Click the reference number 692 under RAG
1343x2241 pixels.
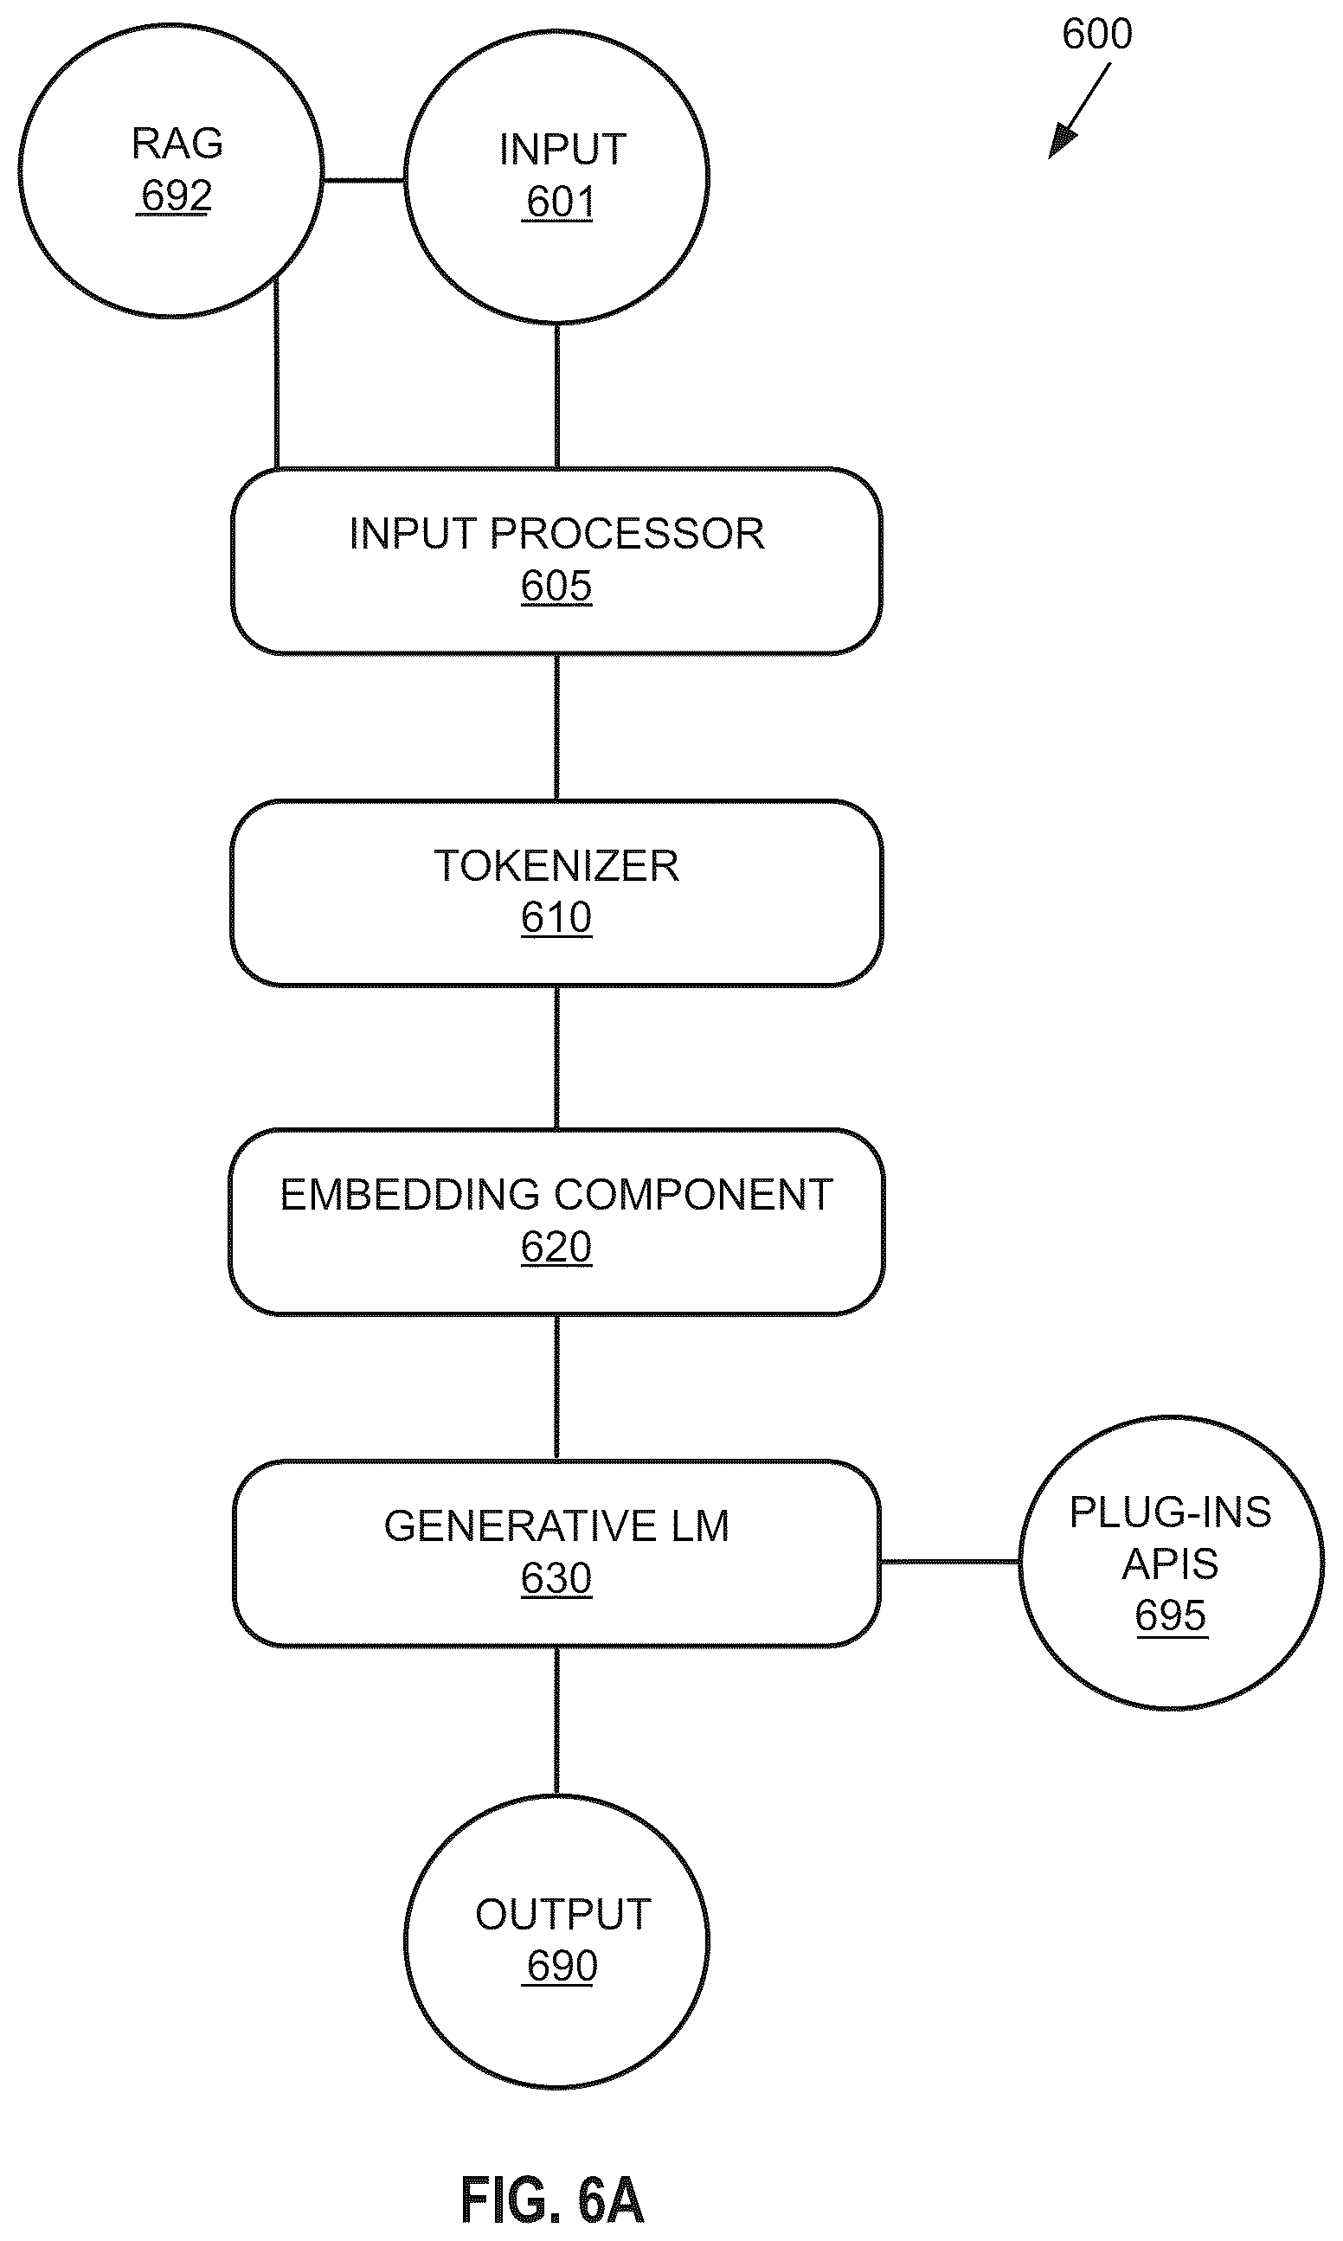[177, 196]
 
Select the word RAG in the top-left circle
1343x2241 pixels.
[177, 143]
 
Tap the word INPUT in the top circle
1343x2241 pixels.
[562, 150]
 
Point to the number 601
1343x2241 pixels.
[560, 202]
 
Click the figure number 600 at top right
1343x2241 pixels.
[1097, 35]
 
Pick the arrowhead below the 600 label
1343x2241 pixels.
[1062, 143]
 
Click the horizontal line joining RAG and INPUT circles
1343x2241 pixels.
[363, 181]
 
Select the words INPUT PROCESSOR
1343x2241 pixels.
[556, 534]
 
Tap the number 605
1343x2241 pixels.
[556, 586]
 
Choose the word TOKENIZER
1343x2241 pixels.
[556, 866]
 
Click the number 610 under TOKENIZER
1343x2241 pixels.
[556, 917]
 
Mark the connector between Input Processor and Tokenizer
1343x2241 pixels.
[556, 728]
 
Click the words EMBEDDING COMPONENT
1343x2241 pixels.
[556, 1194]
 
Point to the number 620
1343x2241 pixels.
[556, 1247]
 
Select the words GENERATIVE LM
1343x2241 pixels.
[556, 1526]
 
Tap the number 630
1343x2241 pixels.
[556, 1579]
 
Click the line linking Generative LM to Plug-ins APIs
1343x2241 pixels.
[950, 1562]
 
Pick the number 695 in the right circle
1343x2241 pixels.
[1171, 1615]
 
